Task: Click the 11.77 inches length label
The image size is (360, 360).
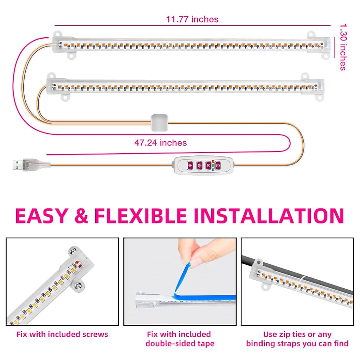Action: point(192,19)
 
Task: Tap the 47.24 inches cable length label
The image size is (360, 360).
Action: point(160,143)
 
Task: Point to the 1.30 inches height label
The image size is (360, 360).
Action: point(343,47)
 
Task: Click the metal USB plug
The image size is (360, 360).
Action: point(18,165)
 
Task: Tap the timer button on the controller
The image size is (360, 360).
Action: point(208,166)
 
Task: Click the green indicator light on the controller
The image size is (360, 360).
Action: point(213,166)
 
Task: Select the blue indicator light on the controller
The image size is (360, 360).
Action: point(213,170)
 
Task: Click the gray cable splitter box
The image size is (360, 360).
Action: point(159,123)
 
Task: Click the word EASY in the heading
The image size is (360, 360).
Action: point(41,216)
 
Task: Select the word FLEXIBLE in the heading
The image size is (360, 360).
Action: point(140,216)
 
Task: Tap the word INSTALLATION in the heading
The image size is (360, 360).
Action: point(269,216)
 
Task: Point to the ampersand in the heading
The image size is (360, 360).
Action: point(81,216)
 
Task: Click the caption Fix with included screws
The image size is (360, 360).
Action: point(62,334)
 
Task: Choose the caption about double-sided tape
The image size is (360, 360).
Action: point(180,339)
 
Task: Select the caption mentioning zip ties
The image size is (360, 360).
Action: point(297,339)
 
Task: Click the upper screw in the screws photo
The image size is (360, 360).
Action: point(74,250)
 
